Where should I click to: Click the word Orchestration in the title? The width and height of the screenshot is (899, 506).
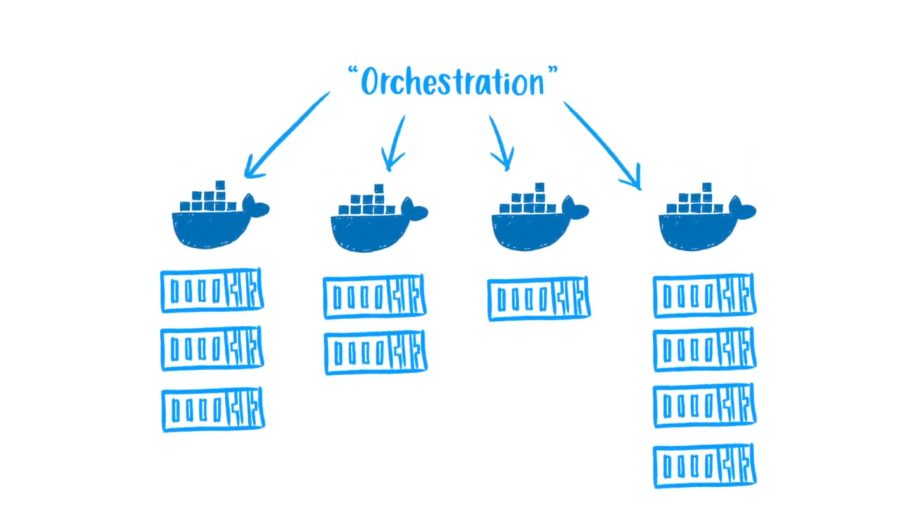452,82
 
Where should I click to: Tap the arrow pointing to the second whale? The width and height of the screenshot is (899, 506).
395,143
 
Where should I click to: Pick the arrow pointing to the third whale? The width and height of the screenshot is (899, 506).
500,143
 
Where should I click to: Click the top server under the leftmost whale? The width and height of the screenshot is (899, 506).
212,290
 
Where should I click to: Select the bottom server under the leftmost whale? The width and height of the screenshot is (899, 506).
213,409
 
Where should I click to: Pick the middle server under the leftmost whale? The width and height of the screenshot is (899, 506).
212,348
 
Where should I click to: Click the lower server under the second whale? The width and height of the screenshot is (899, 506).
376,353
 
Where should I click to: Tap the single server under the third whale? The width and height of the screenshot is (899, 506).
538,299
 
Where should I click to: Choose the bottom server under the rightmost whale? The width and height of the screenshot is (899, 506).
705,466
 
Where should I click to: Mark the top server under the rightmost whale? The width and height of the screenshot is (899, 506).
705,296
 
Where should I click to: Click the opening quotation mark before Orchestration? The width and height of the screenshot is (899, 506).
352,72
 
